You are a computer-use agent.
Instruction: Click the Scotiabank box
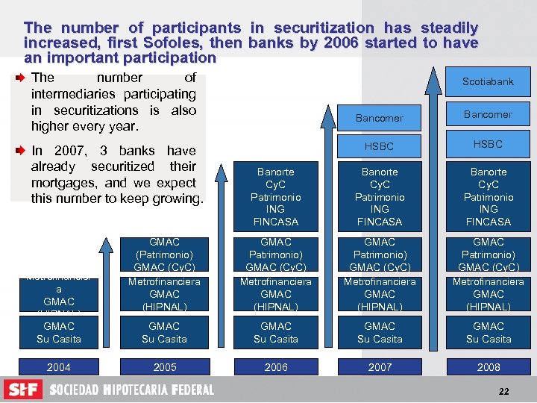[x=488, y=81]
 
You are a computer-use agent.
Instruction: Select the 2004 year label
[x=59, y=367]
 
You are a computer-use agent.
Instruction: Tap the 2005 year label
[x=164, y=367]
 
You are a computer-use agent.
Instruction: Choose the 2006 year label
[x=276, y=367]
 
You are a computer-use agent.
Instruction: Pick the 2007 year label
[x=379, y=367]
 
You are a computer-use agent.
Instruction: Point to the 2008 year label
[x=489, y=367]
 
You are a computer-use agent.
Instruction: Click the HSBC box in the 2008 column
[x=488, y=144]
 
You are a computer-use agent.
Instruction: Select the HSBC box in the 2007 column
[x=379, y=146]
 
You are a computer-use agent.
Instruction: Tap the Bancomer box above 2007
[x=379, y=118]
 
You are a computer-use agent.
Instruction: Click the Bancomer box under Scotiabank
[x=488, y=114]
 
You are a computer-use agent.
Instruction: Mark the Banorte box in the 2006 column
[x=276, y=196]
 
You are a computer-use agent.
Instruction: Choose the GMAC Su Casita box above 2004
[x=59, y=333]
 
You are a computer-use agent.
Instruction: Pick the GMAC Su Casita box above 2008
[x=489, y=333]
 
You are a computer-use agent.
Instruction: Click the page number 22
[x=505, y=392]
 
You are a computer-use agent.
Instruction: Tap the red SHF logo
[x=23, y=390]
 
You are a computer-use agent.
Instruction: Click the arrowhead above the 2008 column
[x=433, y=75]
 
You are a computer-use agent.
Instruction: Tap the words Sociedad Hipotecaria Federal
[x=131, y=390]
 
